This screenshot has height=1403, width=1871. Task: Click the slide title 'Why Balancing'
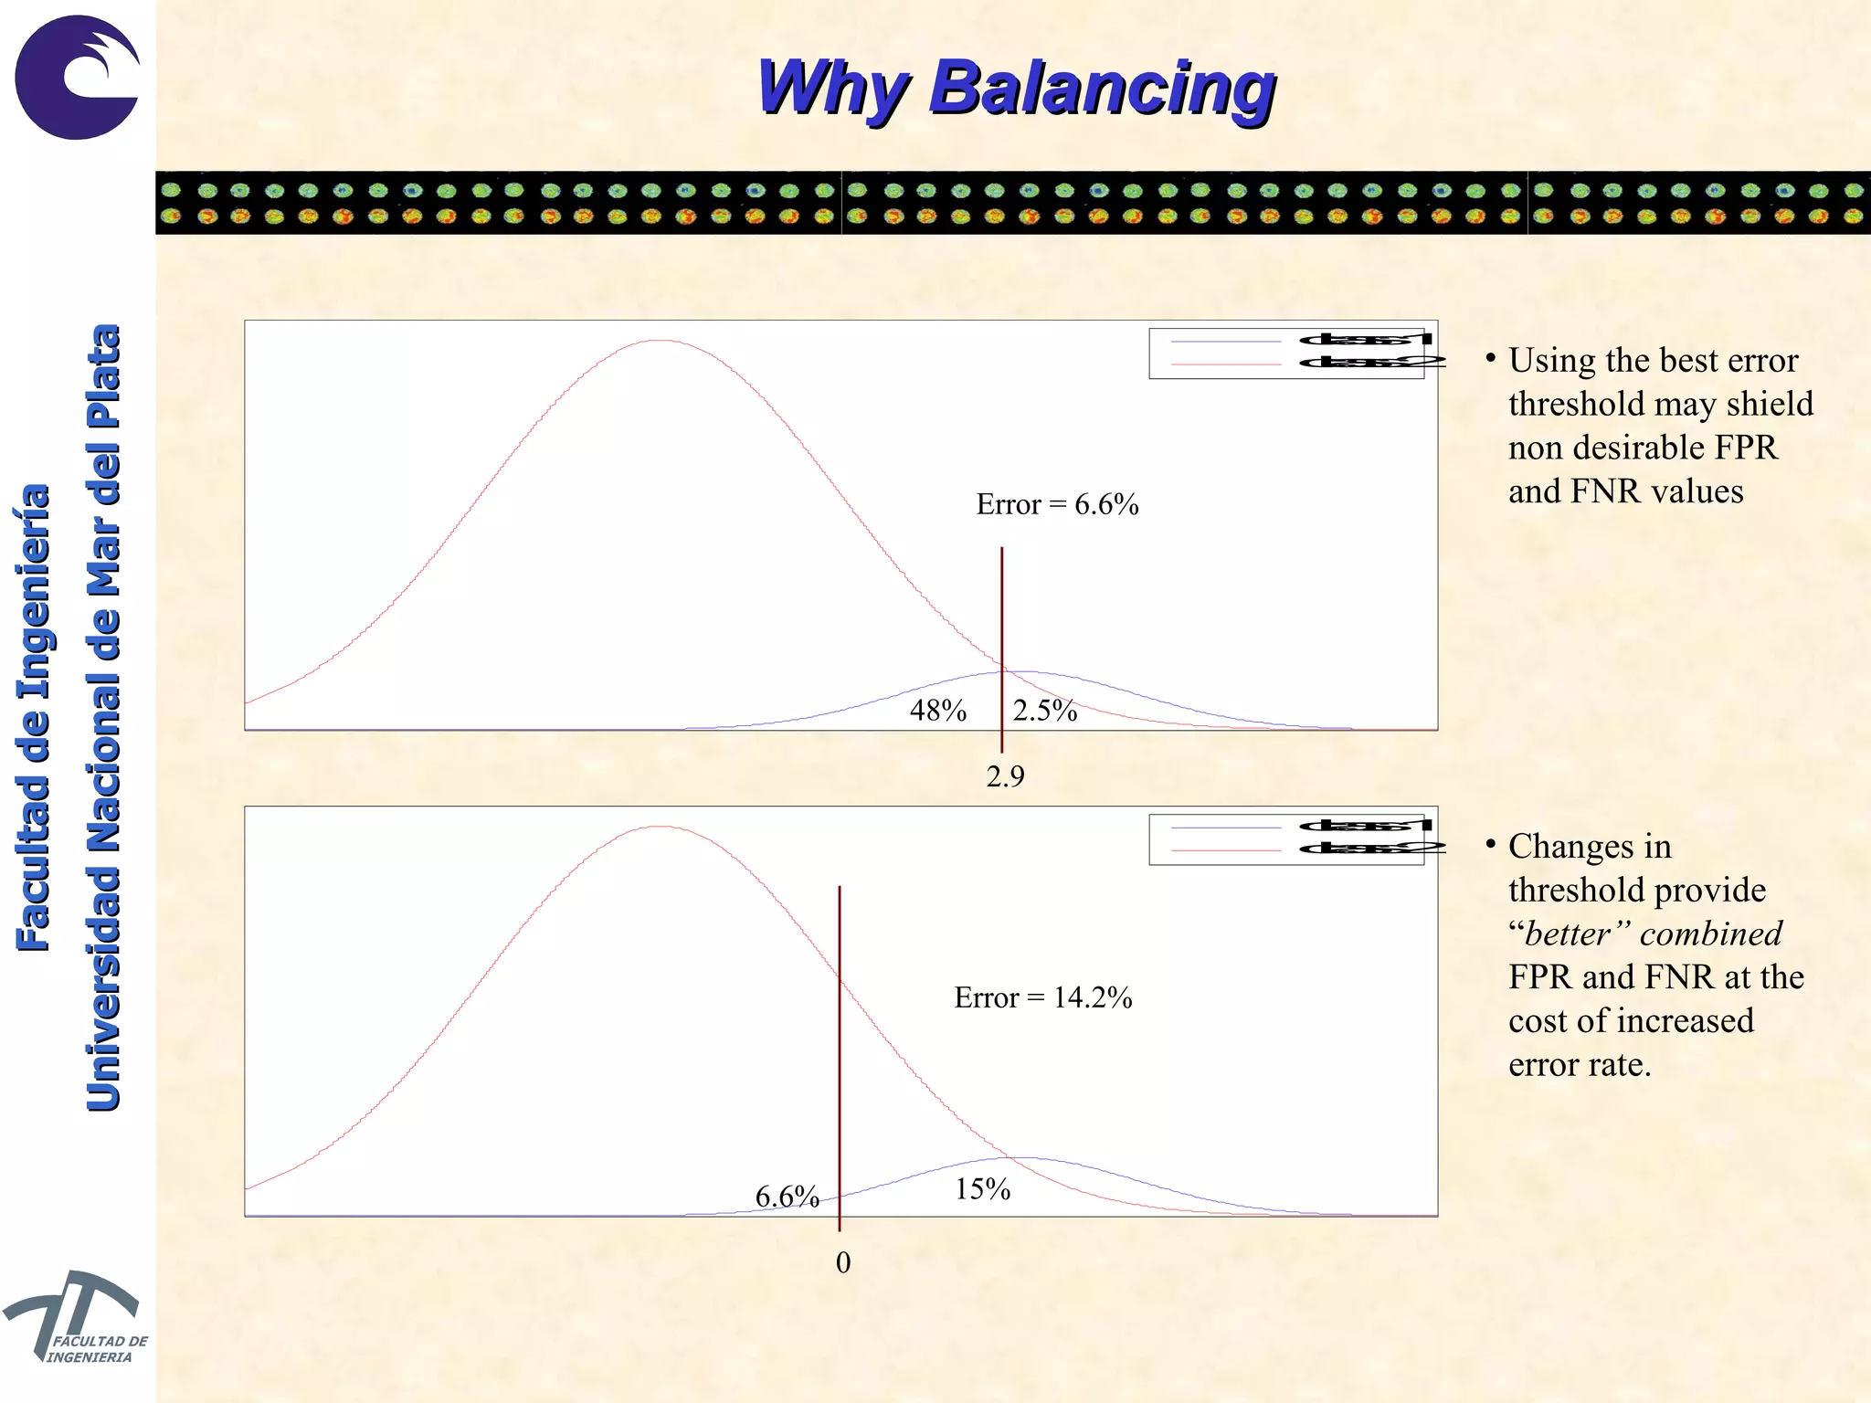point(1016,89)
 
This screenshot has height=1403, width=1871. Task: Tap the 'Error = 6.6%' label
point(1057,504)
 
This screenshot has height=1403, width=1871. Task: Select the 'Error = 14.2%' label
point(1043,997)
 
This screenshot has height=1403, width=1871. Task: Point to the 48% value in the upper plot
point(937,711)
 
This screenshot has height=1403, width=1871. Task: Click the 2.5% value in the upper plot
point(1045,711)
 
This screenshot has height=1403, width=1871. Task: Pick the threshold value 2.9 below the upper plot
point(1005,776)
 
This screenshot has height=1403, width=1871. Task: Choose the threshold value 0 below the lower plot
point(843,1262)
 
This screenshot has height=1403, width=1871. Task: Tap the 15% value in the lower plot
point(983,1189)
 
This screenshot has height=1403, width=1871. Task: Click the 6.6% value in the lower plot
point(787,1197)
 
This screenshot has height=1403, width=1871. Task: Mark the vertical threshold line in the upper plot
point(1002,621)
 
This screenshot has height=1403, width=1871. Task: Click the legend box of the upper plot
point(1286,353)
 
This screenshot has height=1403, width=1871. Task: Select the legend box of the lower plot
point(1286,839)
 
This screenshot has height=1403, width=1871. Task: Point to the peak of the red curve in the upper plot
point(661,341)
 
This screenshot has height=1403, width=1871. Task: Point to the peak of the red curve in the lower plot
point(661,827)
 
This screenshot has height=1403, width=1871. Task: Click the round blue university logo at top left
point(78,78)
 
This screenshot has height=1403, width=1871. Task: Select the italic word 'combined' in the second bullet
point(1711,934)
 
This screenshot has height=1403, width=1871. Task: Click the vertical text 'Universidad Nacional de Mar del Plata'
point(103,717)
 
